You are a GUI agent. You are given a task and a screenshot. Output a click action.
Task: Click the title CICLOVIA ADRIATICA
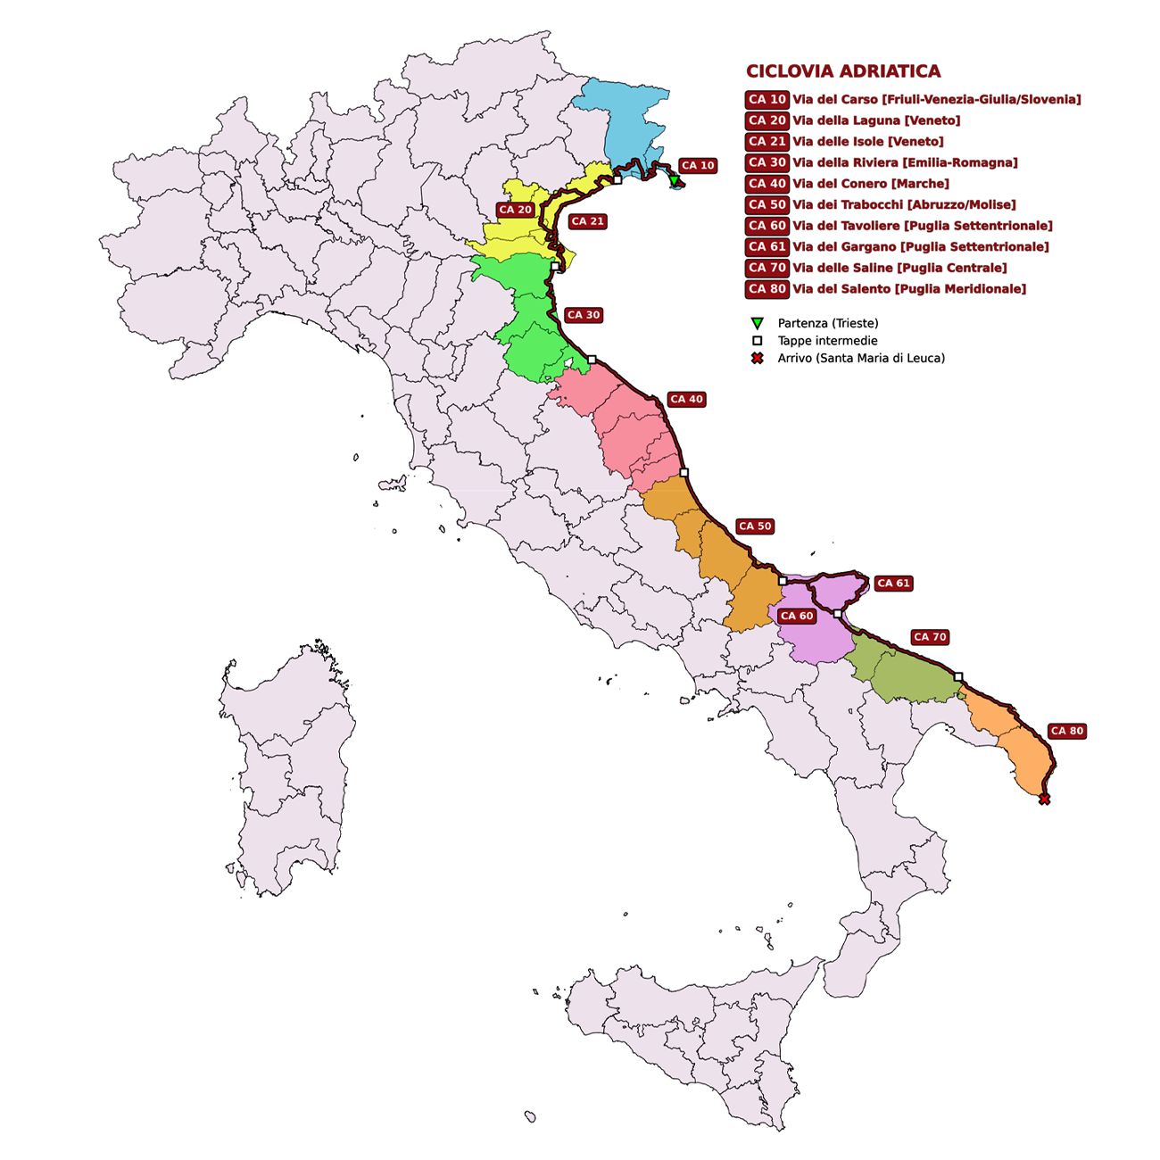(x=842, y=71)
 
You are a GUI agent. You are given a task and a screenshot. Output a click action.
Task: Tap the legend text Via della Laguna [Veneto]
(x=876, y=120)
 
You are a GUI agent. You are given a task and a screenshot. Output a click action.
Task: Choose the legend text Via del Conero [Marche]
(x=870, y=184)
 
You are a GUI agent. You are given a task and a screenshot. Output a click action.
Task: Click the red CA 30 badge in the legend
(x=766, y=162)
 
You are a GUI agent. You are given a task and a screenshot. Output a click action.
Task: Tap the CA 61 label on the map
(x=893, y=584)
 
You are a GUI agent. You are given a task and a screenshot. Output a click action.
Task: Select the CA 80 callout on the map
(x=1066, y=731)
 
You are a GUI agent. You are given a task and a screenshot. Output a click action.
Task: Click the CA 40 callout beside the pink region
(x=686, y=399)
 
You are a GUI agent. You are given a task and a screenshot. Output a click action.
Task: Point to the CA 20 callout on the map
(x=515, y=210)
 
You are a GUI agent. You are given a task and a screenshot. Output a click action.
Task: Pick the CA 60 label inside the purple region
(x=796, y=616)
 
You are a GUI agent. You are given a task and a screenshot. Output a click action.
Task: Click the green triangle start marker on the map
(x=675, y=181)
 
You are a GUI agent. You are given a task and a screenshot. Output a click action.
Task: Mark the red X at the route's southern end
(x=1044, y=800)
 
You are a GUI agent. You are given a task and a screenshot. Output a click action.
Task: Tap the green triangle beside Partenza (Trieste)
(x=757, y=323)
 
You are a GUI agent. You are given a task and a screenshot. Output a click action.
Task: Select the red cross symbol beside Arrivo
(x=757, y=358)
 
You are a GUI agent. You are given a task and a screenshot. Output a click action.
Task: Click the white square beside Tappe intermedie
(x=757, y=341)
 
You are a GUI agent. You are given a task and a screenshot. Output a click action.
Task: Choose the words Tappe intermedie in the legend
(x=827, y=341)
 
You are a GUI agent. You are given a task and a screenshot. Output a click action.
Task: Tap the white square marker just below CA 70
(x=958, y=676)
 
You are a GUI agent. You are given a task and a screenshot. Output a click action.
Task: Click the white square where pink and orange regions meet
(x=684, y=472)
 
